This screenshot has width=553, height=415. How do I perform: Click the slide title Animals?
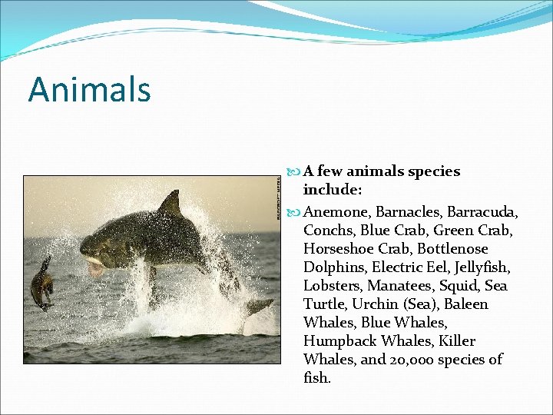coord(90,89)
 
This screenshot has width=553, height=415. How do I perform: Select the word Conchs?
coord(329,230)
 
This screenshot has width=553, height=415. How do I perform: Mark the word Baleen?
coord(464,304)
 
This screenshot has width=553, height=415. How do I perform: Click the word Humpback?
coord(339,340)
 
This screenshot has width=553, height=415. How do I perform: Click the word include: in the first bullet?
coord(332,189)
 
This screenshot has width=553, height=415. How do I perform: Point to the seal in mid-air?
coord(43,284)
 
